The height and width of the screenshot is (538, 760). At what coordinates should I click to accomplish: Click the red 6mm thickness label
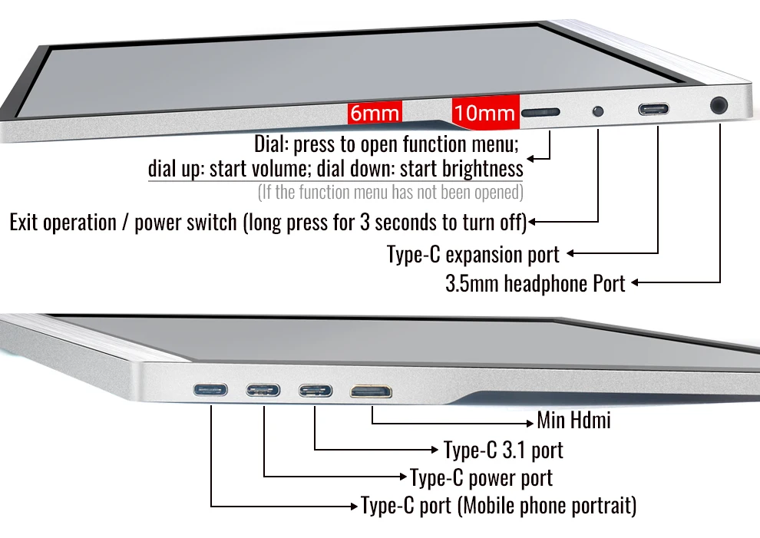coord(375,113)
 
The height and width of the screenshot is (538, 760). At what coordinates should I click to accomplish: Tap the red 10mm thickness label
coord(485,113)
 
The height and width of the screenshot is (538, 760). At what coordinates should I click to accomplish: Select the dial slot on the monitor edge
coord(540,113)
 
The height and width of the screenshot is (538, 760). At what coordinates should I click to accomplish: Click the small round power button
coord(598,111)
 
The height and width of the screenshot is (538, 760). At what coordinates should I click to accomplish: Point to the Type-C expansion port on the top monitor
coord(653,109)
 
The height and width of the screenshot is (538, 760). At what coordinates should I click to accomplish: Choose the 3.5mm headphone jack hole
coord(719,105)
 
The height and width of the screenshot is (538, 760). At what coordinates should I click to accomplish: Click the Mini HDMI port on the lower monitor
coord(371,391)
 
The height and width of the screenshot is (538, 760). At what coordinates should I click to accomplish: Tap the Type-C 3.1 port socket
coord(315,390)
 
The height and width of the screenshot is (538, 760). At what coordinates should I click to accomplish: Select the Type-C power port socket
coord(263,390)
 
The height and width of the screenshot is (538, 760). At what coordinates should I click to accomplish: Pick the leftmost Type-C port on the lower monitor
coord(210,389)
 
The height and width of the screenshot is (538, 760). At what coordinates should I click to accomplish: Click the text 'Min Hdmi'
coord(573,421)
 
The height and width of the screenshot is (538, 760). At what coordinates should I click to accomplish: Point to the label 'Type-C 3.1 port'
coord(503,451)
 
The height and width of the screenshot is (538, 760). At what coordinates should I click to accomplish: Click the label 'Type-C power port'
coord(481,478)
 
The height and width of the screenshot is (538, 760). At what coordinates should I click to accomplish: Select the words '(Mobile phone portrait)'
coord(547,506)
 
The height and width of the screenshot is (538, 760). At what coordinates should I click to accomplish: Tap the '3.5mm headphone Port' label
coord(535,283)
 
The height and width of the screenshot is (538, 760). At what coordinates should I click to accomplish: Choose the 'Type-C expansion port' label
coord(473,255)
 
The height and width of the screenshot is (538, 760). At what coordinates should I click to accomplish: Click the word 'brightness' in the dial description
coord(482,169)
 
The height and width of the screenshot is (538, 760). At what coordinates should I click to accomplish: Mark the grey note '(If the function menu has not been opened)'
coord(391,193)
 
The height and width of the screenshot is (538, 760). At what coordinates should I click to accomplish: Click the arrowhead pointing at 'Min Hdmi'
coord(530,423)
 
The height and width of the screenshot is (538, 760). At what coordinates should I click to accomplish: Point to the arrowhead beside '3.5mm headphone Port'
coord(634,282)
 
